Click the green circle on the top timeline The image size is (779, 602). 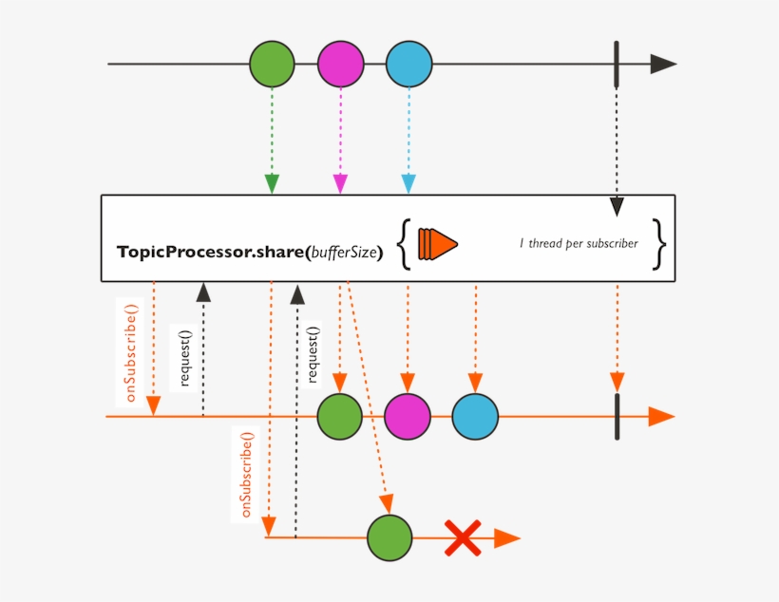(x=273, y=65)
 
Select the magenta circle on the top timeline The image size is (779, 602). (x=341, y=65)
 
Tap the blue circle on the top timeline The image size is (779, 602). (x=409, y=65)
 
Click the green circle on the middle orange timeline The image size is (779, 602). (x=340, y=417)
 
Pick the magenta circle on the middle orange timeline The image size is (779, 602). (x=408, y=417)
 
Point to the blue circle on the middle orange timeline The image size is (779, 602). (x=475, y=417)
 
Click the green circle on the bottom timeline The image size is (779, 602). (x=389, y=538)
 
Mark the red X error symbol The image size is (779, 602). (x=463, y=538)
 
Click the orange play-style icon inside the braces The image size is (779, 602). (x=436, y=243)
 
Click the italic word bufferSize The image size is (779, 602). (x=346, y=253)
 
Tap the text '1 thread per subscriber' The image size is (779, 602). (x=579, y=243)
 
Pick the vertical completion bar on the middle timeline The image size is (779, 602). (x=617, y=417)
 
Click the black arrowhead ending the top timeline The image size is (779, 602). (x=662, y=65)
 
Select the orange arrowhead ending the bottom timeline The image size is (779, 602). (x=506, y=538)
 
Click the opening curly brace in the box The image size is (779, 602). (x=404, y=243)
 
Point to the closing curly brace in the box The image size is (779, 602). (x=659, y=243)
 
